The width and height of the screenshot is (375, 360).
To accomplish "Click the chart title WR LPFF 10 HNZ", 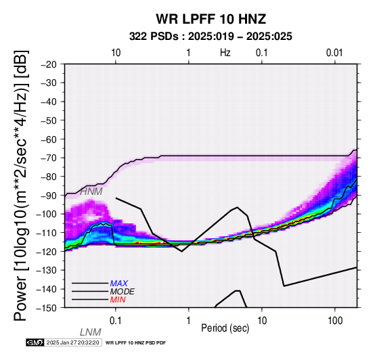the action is point(211,19).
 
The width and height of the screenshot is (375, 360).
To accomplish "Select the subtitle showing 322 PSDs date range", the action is point(211,37).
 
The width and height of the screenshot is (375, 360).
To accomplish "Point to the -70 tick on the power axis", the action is point(49,158).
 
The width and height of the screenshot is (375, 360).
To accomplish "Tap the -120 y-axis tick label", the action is point(47,252).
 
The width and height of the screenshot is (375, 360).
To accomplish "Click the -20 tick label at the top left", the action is point(49,64).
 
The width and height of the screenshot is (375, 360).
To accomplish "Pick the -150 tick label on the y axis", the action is point(47,308).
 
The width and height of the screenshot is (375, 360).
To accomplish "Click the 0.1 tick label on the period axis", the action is point(116,321).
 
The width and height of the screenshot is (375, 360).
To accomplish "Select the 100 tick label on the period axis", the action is point(335,321).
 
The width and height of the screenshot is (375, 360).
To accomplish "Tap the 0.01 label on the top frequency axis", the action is point(334,53).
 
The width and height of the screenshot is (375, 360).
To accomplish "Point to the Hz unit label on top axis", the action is point(225,53).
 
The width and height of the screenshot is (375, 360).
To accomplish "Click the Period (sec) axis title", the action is point(225,328).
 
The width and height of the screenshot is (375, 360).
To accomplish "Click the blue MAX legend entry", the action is point(119,284).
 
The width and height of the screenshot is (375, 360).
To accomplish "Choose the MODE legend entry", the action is point(123,292).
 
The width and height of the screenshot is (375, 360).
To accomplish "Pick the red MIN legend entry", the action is point(118,300).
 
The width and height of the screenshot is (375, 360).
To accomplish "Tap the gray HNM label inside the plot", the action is point(91,192).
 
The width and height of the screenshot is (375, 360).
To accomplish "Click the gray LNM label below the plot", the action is point(91,332).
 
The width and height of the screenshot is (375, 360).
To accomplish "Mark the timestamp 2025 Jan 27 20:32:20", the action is point(72,342).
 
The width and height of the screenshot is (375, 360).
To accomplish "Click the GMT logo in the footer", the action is point(35,342).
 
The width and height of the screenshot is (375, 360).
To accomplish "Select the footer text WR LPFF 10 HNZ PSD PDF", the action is point(135,343).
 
